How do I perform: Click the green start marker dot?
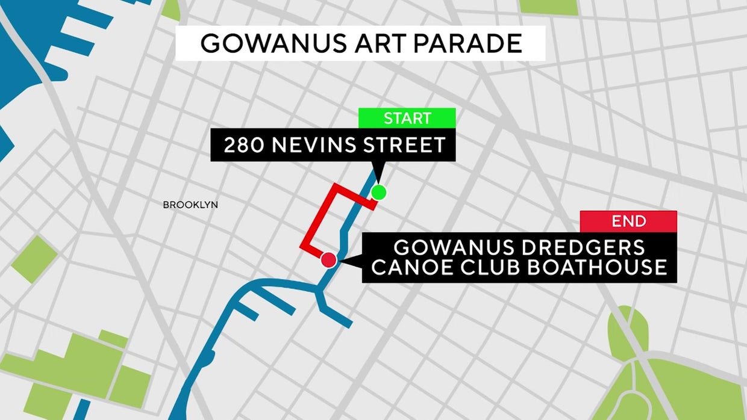pos(378,193)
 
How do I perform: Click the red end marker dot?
pos(328,260)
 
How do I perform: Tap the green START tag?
pos(407,119)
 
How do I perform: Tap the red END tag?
pos(628,221)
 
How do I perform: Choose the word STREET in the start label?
pos(408,145)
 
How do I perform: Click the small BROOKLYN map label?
pos(190,205)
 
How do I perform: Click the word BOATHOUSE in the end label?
pos(597,267)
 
